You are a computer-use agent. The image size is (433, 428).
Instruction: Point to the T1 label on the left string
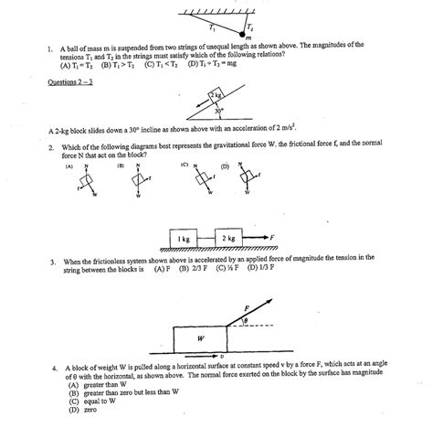coord(212,27)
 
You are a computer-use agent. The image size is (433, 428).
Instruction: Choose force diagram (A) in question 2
coord(86,181)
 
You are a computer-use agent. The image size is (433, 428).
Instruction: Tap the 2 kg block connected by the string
coord(229,238)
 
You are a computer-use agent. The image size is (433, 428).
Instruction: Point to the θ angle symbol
coord(246,319)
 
